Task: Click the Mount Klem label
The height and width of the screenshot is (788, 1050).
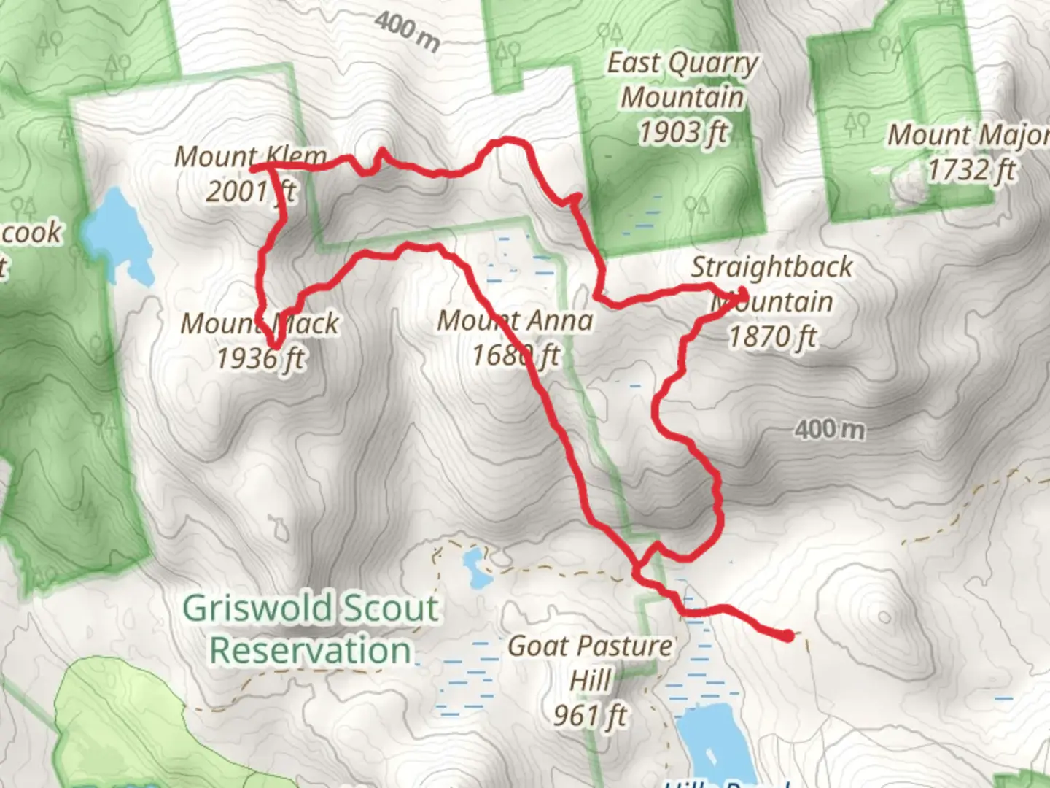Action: point(250,156)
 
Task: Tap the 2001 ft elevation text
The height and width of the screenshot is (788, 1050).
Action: point(250,192)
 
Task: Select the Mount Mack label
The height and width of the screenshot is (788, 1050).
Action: point(260,323)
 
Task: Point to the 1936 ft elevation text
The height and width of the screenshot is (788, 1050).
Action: point(260,358)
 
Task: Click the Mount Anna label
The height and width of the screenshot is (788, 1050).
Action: point(515,320)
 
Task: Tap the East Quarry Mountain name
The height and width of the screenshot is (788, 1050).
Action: point(682,80)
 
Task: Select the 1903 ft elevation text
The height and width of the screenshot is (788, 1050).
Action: point(683,133)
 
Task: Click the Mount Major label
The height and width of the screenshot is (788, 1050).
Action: point(967,135)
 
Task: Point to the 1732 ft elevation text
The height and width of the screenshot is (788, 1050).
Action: point(971,170)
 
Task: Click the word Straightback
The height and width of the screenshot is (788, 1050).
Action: point(771,267)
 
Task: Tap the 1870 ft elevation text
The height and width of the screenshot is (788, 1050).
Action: point(773,337)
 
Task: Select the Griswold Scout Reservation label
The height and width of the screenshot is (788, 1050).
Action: point(311,629)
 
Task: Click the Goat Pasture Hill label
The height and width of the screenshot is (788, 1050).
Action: point(590,663)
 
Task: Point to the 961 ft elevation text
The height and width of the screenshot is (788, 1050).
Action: point(590,716)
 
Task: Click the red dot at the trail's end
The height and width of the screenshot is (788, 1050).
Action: point(788,636)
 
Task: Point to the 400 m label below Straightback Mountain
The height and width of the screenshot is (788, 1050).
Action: point(830,429)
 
